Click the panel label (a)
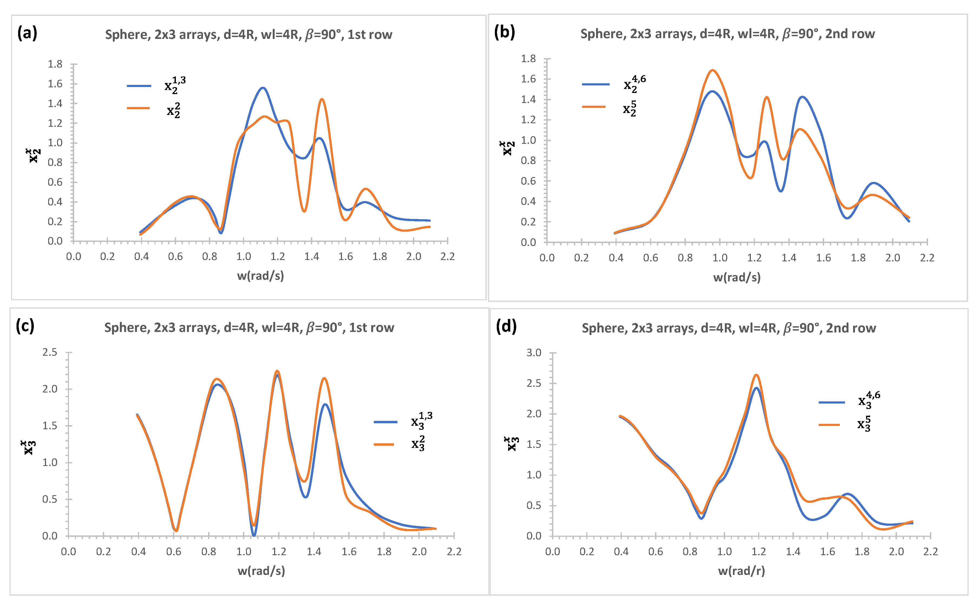pos(27,33)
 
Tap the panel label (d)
pos(506,326)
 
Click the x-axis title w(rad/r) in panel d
pos(741,571)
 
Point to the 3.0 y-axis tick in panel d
pos(534,353)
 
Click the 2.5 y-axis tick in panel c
pos(50,352)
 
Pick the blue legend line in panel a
pos(139,86)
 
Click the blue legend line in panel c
pos(386,422)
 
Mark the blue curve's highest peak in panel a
pos(263,88)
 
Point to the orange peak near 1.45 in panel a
pos(322,99)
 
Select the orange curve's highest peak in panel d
pos(756,375)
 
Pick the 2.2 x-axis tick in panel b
pos(927,258)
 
